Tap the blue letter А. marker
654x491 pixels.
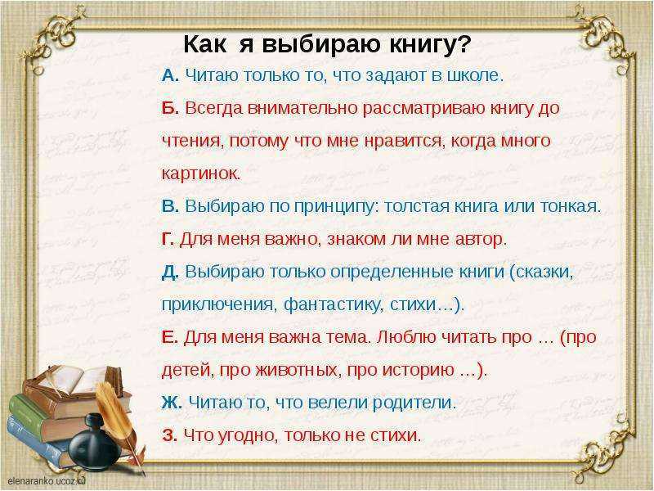(x=170, y=75)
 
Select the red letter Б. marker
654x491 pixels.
(x=170, y=108)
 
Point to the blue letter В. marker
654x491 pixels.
(x=170, y=206)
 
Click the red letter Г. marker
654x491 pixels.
(x=168, y=239)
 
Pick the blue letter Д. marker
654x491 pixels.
(x=170, y=273)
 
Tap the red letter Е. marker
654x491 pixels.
(x=170, y=337)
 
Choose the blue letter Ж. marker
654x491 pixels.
(x=172, y=403)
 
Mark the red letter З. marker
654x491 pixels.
(x=169, y=435)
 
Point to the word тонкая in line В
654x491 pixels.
(x=568, y=206)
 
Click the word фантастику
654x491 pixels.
(x=332, y=304)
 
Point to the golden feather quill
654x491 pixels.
(x=119, y=421)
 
